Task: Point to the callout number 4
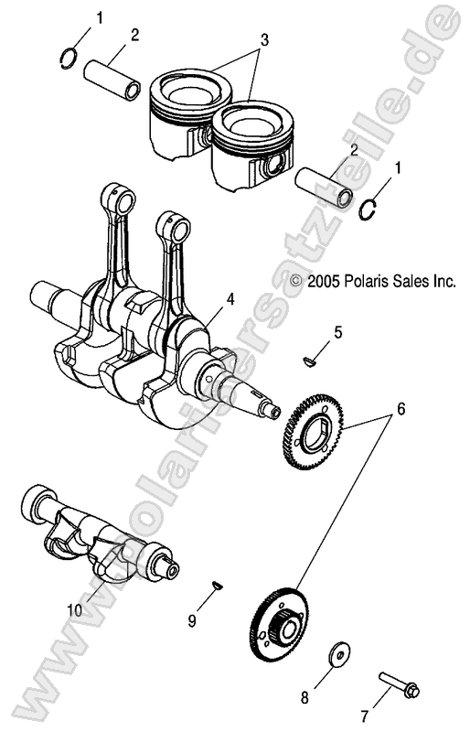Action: point(231,299)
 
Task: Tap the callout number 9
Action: point(192,620)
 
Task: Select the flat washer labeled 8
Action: point(337,654)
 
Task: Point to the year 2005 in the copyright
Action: point(318,283)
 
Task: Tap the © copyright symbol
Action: point(294,283)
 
